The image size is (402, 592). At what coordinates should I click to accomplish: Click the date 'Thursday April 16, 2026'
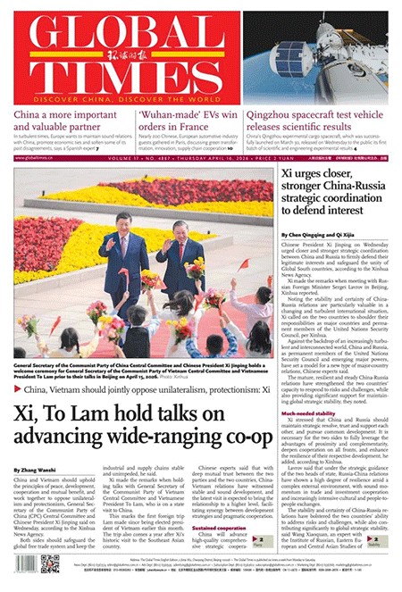pyautogui.click(x=277, y=157)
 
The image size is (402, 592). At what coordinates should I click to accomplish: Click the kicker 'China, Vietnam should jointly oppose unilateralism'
pyautogui.click(x=143, y=390)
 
